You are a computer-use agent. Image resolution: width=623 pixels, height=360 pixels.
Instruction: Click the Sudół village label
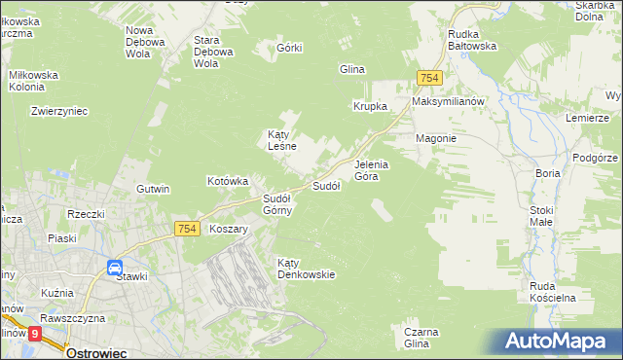[325, 185]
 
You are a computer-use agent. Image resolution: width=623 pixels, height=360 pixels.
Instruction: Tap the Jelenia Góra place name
[371, 170]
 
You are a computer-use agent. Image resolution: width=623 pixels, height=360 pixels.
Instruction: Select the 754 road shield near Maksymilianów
[429, 78]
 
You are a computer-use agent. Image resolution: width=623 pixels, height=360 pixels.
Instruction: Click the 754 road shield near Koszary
[188, 228]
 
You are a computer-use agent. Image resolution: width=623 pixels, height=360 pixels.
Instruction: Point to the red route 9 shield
[36, 333]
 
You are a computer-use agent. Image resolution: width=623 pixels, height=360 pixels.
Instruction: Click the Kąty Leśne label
[281, 140]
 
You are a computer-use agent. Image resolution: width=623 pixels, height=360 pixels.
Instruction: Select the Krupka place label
[370, 106]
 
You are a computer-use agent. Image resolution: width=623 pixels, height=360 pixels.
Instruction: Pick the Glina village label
[350, 69]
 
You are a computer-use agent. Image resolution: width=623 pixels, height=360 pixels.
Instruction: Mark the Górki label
[290, 48]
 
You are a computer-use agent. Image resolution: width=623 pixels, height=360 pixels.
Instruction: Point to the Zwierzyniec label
[59, 111]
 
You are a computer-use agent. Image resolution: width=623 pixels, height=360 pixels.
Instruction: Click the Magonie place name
[436, 138]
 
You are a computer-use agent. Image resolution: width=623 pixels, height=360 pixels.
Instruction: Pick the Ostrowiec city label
[98, 352]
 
